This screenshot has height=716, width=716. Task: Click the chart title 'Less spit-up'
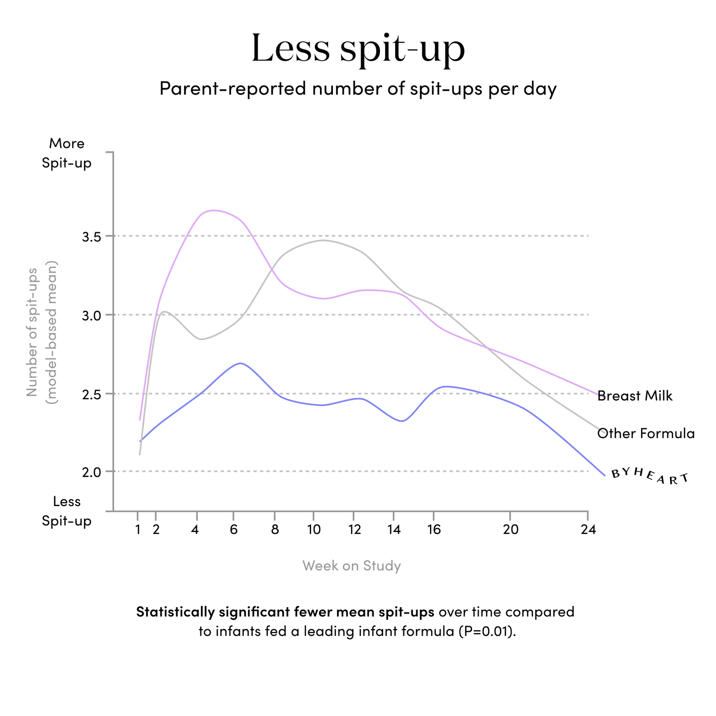358,48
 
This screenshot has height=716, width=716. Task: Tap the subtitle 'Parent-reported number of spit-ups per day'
358,89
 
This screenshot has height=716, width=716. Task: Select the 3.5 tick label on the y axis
91,236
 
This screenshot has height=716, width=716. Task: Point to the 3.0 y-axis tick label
91,315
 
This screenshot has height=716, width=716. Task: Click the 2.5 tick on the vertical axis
91,394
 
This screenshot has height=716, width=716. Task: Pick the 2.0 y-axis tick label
91,472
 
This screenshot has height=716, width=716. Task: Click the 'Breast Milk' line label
635,396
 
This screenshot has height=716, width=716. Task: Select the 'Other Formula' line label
646,433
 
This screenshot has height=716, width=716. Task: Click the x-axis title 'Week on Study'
352,566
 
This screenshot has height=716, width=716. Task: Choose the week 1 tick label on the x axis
138,530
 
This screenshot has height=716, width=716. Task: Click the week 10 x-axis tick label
314,530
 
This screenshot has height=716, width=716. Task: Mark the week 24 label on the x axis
588,530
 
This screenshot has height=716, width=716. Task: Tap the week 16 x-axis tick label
434,530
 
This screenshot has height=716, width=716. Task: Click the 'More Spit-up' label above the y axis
67,153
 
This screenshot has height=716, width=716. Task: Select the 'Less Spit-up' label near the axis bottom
67,511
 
